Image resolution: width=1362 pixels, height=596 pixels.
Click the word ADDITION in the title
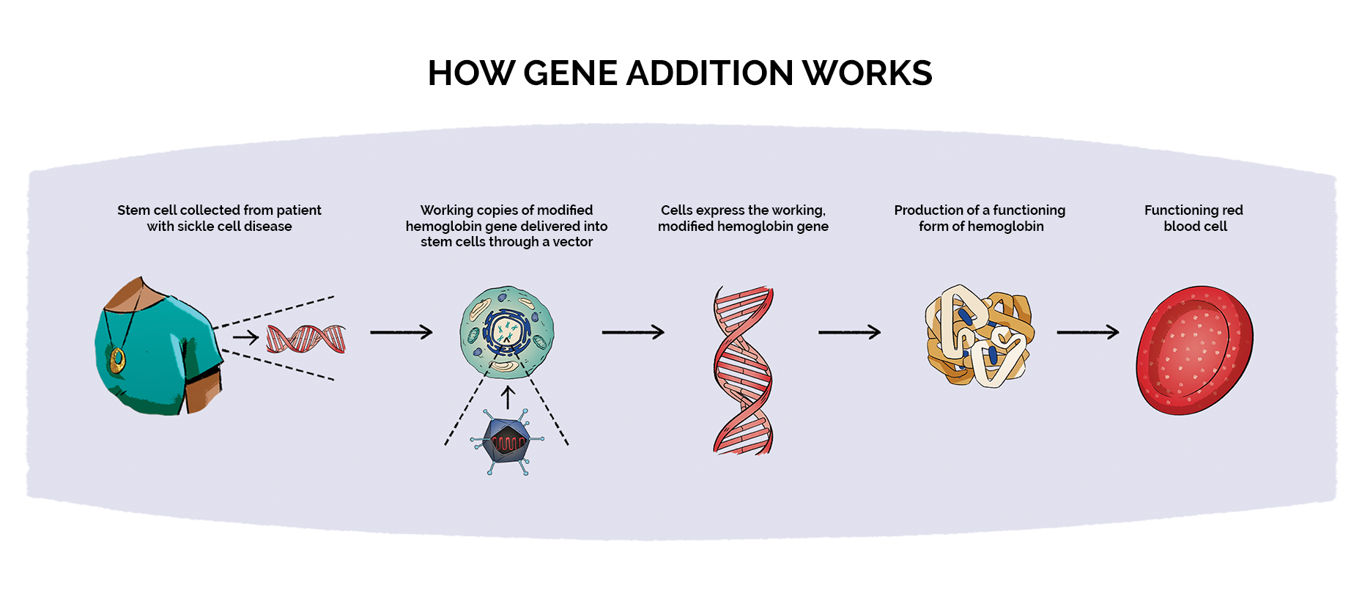pyautogui.click(x=709, y=73)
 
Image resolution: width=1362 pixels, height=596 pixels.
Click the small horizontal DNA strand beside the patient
pyautogui.click(x=306, y=339)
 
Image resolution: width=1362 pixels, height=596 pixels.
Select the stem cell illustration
pyautogui.click(x=507, y=332)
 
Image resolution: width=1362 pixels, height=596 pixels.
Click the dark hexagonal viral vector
pyautogui.click(x=507, y=441)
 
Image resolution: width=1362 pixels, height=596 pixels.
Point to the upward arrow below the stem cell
pyautogui.click(x=507, y=397)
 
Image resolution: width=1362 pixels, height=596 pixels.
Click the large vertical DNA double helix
pyautogui.click(x=743, y=370)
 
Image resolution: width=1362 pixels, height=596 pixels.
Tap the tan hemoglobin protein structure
pyautogui.click(x=980, y=336)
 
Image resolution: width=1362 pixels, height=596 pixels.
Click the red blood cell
pyautogui.click(x=1194, y=350)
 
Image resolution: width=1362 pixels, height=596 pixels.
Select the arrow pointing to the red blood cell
pyautogui.click(x=1087, y=332)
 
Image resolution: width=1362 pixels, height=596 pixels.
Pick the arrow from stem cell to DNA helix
pyautogui.click(x=632, y=332)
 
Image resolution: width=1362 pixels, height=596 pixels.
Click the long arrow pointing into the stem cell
pyautogui.click(x=401, y=332)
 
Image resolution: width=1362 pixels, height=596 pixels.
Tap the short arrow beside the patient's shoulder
pyautogui.click(x=245, y=337)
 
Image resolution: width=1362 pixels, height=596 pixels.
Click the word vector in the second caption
pyautogui.click(x=572, y=242)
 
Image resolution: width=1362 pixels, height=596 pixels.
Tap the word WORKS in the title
pyautogui.click(x=867, y=73)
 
